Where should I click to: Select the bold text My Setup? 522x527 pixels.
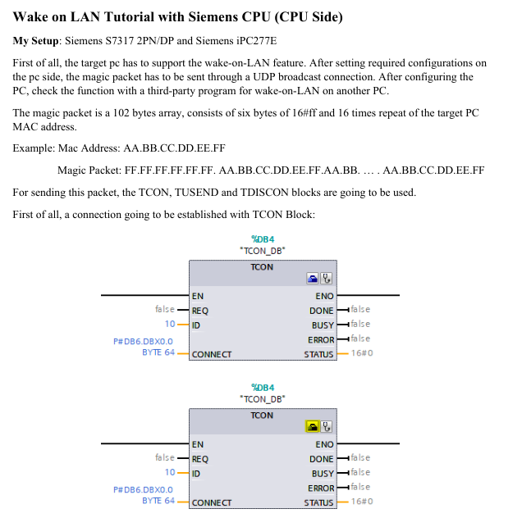pyautogui.click(x=35, y=41)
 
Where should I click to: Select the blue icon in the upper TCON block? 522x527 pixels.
pyautogui.click(x=313, y=279)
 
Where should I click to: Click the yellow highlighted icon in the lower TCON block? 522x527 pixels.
pyautogui.click(x=313, y=426)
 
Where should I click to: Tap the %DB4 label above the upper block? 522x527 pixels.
pyautogui.click(x=263, y=239)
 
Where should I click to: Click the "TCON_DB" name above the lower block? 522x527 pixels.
pyautogui.click(x=263, y=399)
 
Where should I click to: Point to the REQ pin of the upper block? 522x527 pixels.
pyautogui.click(x=200, y=311)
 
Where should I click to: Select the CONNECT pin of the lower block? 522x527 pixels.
pyautogui.click(x=212, y=502)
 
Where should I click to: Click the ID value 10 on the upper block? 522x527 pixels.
pyautogui.click(x=170, y=324)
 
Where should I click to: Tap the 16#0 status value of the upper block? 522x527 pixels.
pyautogui.click(x=362, y=353)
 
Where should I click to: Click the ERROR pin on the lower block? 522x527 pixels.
pyautogui.click(x=321, y=488)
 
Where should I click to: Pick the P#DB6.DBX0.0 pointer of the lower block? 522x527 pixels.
pyautogui.click(x=143, y=489)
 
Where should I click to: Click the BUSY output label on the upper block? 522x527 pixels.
pyautogui.click(x=323, y=325)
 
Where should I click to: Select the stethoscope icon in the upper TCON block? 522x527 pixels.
pyautogui.click(x=326, y=279)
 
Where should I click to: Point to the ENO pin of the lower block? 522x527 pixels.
pyautogui.click(x=324, y=444)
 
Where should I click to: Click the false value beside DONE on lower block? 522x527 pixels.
pyautogui.click(x=360, y=457)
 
